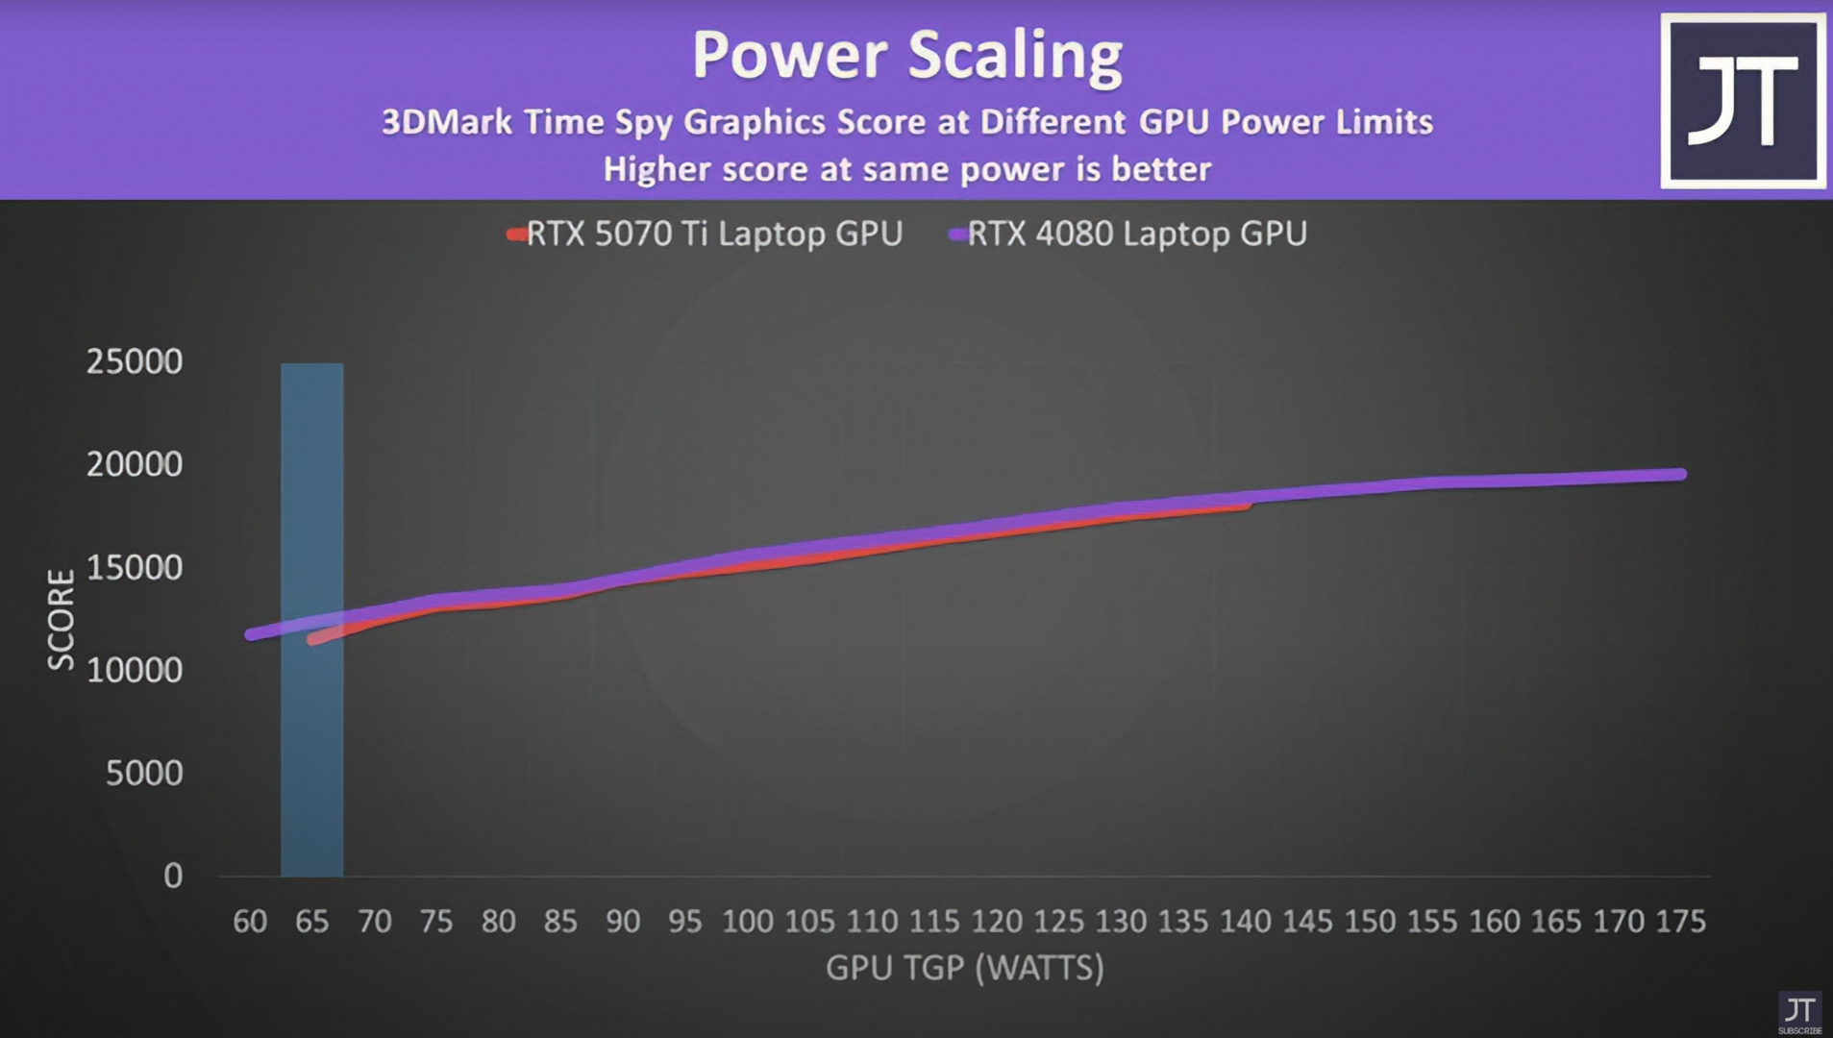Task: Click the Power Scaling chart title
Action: [x=906, y=55]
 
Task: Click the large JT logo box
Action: [x=1743, y=101]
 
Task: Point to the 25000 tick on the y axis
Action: [x=134, y=361]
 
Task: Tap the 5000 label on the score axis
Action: [x=143, y=773]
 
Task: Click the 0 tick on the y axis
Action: [x=173, y=876]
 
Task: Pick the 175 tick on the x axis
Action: [x=1680, y=921]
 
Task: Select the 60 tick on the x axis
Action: [x=250, y=921]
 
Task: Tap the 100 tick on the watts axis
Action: [x=747, y=921]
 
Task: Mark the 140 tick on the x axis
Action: [x=1246, y=921]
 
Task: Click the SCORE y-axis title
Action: [x=61, y=619]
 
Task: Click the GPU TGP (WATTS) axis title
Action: [x=964, y=967]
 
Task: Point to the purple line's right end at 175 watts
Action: [x=1680, y=474]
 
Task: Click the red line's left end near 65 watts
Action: [x=312, y=638]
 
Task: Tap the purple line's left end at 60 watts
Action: [x=252, y=634]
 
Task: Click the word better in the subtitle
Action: [x=1161, y=169]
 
